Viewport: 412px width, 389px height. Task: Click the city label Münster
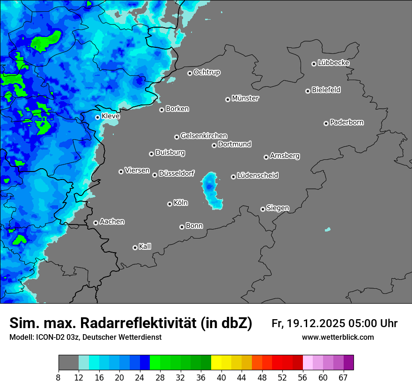coord(245,98)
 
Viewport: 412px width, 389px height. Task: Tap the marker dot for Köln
coord(169,204)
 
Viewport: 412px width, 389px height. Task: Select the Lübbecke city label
coord(333,63)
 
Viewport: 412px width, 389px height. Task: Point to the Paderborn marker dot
coord(326,123)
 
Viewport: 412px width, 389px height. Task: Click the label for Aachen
coord(112,222)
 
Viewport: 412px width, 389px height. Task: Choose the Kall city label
coord(145,247)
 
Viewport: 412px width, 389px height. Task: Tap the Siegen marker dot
coord(263,209)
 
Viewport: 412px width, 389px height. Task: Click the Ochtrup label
coord(207,72)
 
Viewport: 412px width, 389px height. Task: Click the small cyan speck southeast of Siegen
coord(327,230)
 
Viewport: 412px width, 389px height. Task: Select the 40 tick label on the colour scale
coord(221,377)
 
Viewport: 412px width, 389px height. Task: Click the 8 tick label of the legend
coord(59,377)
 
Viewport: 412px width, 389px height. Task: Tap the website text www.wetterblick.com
coord(338,337)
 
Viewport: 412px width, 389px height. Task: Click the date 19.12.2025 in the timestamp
coord(316,323)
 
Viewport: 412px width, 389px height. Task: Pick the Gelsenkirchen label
coord(204,136)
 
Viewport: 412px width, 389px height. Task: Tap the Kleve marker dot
coord(97,117)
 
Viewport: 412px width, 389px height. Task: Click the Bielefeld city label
coord(326,90)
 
